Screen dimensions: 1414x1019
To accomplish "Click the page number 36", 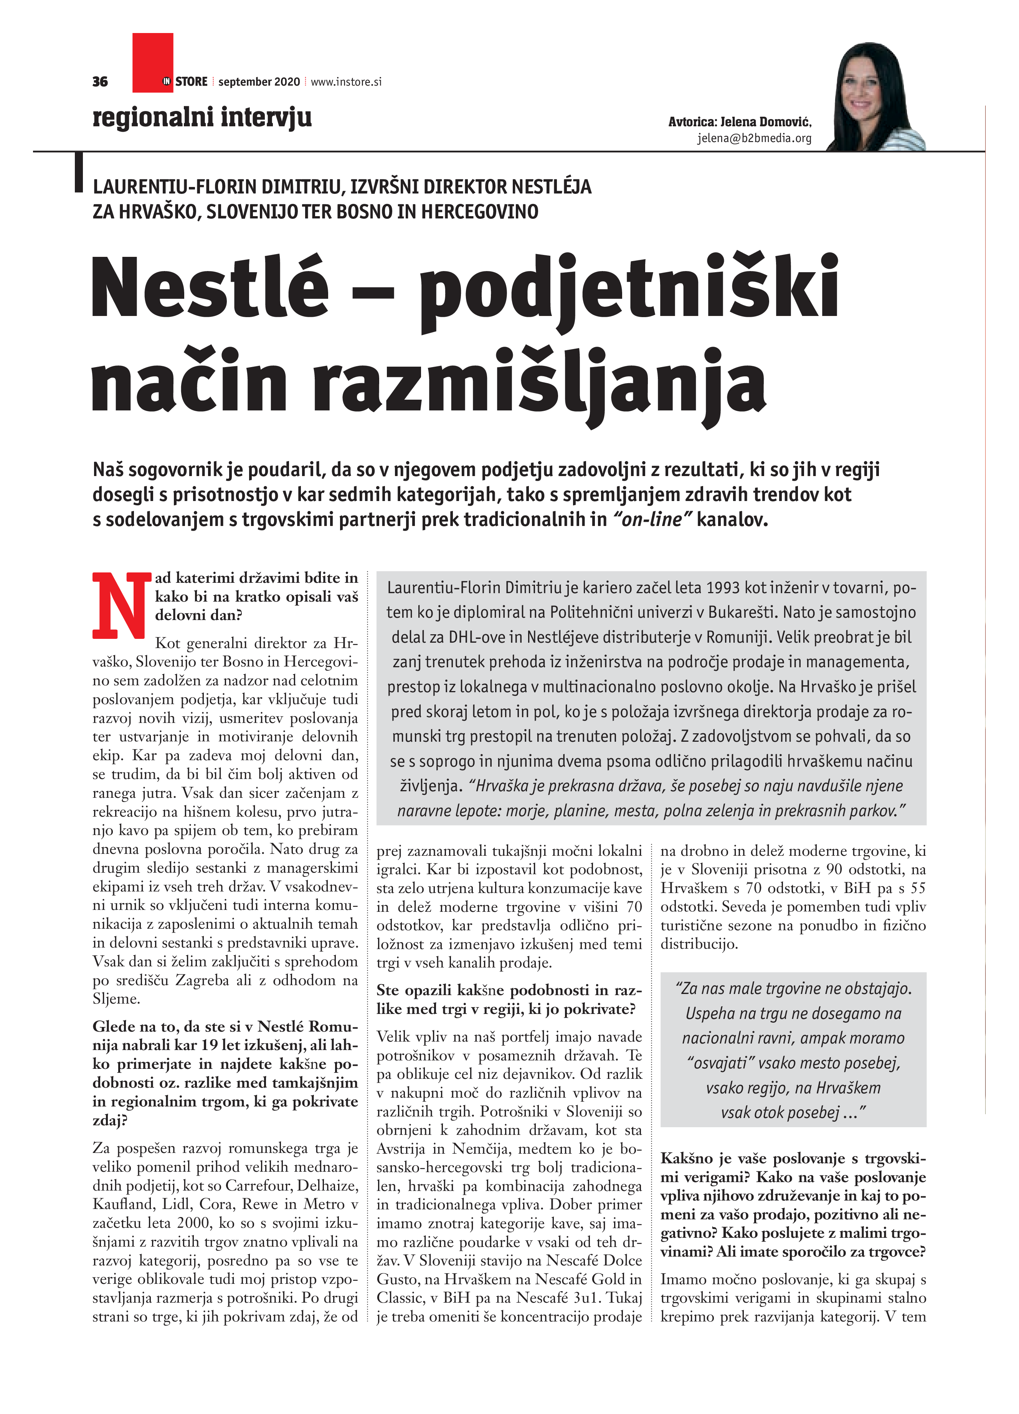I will (100, 82).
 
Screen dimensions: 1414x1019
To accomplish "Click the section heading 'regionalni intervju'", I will (202, 117).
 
